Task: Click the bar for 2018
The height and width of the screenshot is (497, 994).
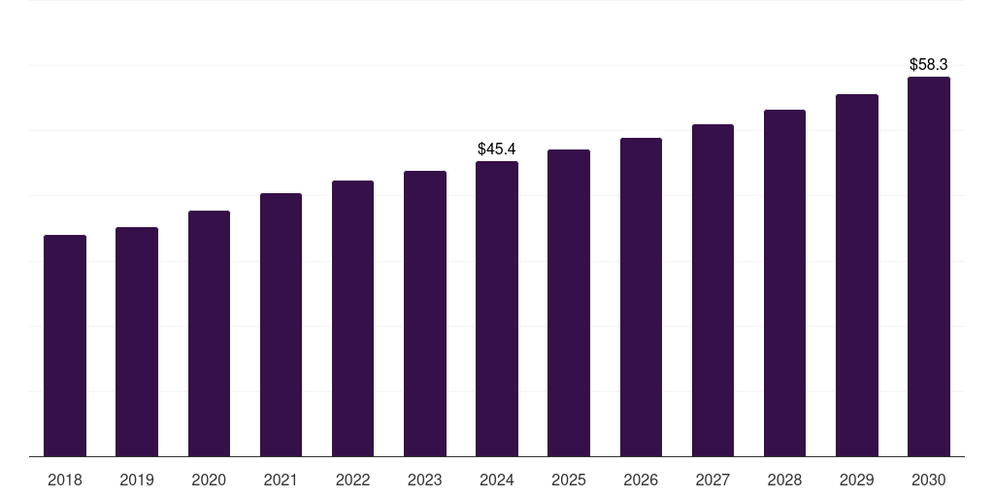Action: [65, 346]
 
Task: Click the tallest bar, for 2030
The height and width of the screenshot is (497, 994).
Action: [929, 266]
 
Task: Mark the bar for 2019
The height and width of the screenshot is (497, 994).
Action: [137, 342]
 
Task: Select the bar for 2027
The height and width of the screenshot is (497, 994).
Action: [712, 290]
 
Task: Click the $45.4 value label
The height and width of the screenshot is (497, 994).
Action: [497, 149]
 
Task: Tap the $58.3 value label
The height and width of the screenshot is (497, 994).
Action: [929, 64]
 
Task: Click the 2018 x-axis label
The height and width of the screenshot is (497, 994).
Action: [65, 480]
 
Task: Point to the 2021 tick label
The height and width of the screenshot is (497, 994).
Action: [281, 480]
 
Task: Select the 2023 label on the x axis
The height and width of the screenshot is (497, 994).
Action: [424, 480]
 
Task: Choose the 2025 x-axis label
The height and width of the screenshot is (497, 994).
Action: [569, 480]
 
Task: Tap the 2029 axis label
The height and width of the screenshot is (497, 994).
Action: [856, 480]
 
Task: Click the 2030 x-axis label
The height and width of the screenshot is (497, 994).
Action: [929, 480]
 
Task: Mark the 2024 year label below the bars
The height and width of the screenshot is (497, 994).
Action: [497, 480]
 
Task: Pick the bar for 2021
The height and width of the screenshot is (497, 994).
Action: [281, 324]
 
